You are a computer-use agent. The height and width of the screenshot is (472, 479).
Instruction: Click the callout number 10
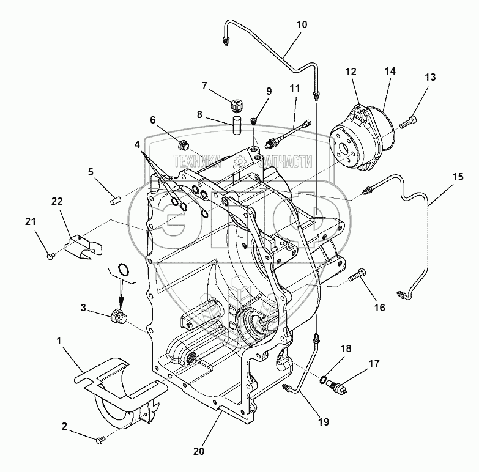302,26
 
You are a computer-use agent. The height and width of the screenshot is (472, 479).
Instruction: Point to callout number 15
458,177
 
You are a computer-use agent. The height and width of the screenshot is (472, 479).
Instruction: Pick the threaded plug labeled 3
118,317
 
